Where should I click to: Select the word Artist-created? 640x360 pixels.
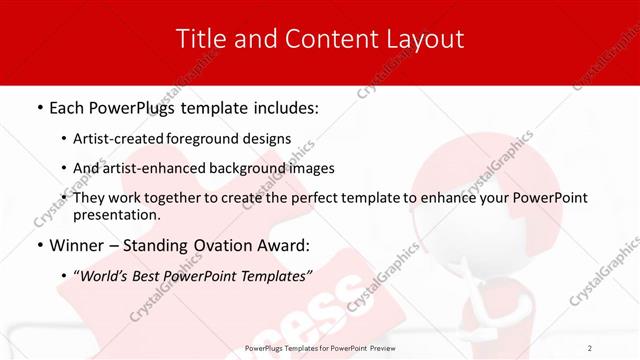[x=120, y=139]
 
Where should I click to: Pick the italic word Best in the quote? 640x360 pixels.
[x=150, y=274]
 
